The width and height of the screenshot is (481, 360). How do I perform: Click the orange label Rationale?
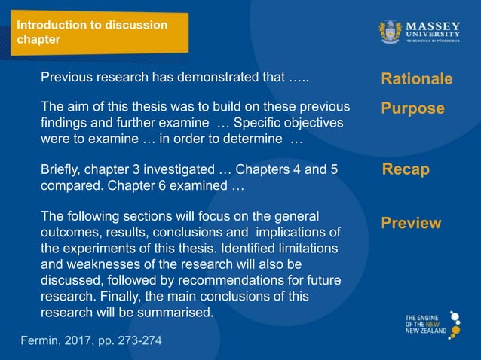pos(416,79)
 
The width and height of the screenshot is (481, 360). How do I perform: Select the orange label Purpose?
pos(412,108)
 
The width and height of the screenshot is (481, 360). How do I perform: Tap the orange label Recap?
pos(406,169)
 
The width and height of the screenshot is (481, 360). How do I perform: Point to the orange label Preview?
pos(411,223)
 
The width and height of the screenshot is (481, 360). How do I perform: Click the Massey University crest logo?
pos(390,32)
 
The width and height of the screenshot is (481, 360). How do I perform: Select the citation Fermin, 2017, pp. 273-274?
pos(90,340)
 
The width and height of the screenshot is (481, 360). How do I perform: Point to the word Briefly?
pos(63,169)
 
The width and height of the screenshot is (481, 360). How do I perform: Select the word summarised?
pos(179,312)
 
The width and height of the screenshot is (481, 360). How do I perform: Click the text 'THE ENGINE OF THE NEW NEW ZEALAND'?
pos(425,325)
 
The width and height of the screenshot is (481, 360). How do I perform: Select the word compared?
pos(72,185)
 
